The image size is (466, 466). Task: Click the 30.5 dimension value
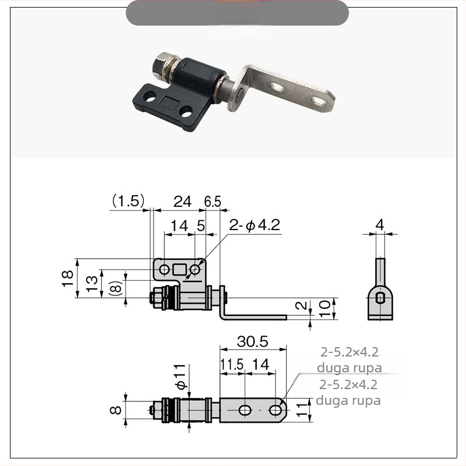253,342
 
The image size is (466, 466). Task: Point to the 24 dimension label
182,202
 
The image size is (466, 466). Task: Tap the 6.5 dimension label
213,202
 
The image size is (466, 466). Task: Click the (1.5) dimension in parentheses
128,200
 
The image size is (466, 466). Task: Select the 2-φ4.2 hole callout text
255,225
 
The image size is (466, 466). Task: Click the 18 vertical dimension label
68,278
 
